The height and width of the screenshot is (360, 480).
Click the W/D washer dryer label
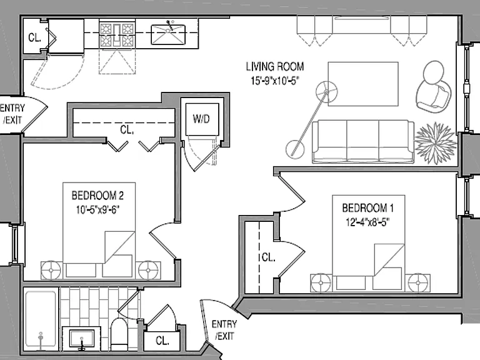(x=201, y=119)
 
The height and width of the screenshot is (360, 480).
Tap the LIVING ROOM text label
(x=275, y=66)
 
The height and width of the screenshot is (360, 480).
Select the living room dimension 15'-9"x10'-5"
(x=275, y=81)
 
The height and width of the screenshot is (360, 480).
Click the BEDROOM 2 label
(x=97, y=195)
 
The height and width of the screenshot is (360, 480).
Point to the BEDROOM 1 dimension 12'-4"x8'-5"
(x=367, y=222)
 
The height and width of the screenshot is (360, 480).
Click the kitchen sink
(x=168, y=34)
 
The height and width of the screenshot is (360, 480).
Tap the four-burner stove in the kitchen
(x=117, y=34)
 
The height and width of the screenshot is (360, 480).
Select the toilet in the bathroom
(x=119, y=334)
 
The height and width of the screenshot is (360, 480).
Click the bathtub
(x=41, y=319)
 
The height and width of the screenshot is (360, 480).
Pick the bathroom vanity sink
(x=82, y=338)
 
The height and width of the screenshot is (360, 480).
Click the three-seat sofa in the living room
(x=363, y=141)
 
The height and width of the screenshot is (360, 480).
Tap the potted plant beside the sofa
(x=435, y=143)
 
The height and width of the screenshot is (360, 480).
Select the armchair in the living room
(x=434, y=87)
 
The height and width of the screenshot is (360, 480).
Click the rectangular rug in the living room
(x=363, y=84)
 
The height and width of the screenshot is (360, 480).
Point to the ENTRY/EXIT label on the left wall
(x=12, y=114)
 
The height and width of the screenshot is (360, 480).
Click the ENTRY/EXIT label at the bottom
(x=224, y=330)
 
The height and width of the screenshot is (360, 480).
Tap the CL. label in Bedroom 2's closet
(x=127, y=130)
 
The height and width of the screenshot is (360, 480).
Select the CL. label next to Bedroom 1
(x=268, y=257)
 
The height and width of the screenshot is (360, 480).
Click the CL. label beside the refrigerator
(x=34, y=37)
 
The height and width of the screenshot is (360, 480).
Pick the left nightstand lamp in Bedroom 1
(x=321, y=283)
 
